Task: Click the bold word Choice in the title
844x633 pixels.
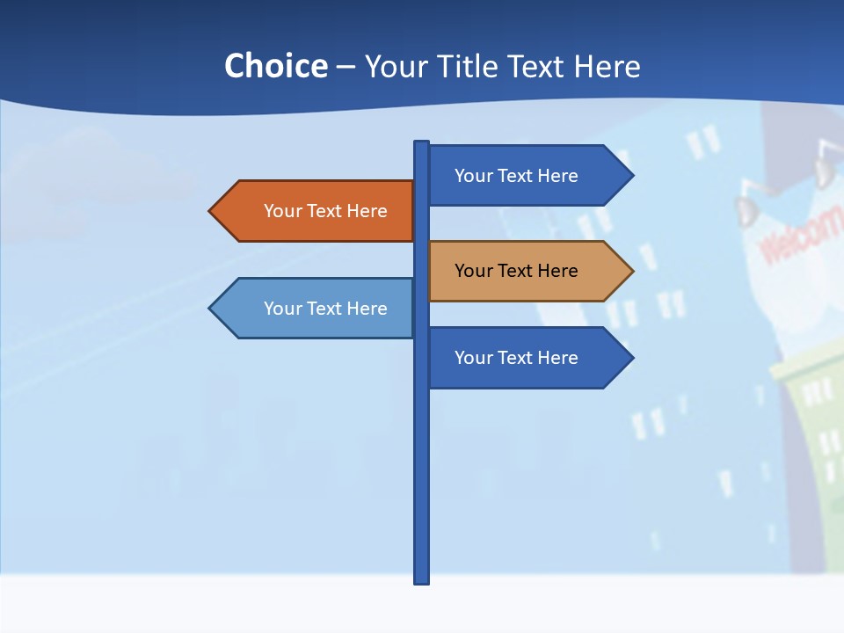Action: coord(275,66)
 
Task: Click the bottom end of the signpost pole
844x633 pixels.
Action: coord(422,580)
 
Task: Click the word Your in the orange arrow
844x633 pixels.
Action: coord(283,211)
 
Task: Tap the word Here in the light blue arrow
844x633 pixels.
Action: coord(367,309)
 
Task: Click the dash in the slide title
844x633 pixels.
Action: coord(346,67)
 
